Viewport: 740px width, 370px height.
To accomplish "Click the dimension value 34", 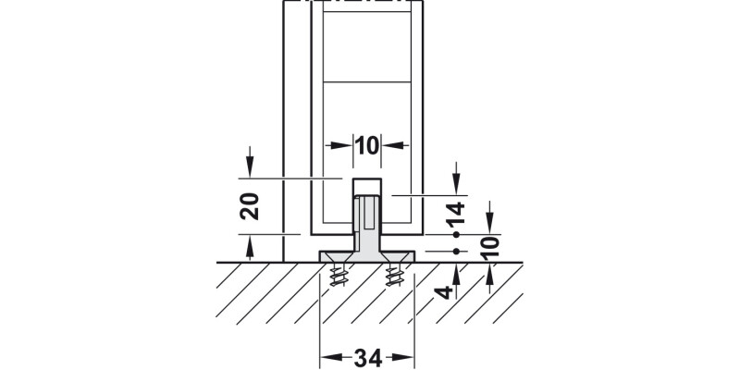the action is [x=367, y=359].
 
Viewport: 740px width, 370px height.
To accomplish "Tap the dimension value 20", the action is [x=250, y=206].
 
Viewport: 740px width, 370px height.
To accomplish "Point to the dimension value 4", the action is [x=444, y=292].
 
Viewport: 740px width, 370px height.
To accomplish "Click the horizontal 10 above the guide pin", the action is [x=367, y=146].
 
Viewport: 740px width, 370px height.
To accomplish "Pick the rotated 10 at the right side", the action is [x=490, y=247].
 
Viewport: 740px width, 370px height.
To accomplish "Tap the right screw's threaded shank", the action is [x=394, y=275].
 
